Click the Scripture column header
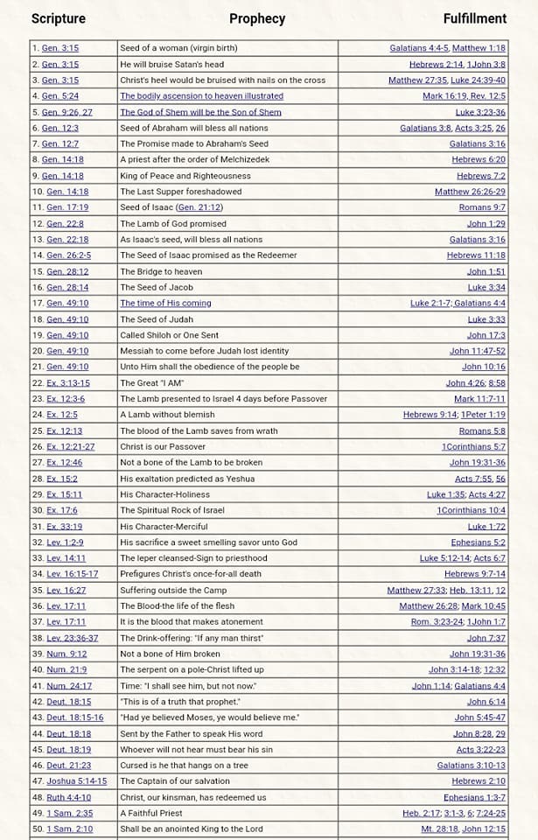coord(58,18)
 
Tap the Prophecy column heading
coord(257,18)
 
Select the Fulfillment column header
coord(474,18)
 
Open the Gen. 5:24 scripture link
coord(60,96)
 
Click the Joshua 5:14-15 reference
coord(77,781)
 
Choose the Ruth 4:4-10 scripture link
coord(69,797)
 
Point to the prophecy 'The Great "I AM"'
coord(152,383)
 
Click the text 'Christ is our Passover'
coord(164,447)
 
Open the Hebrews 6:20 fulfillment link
coord(479,160)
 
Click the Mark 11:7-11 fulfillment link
coord(479,399)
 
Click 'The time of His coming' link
coord(165,304)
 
